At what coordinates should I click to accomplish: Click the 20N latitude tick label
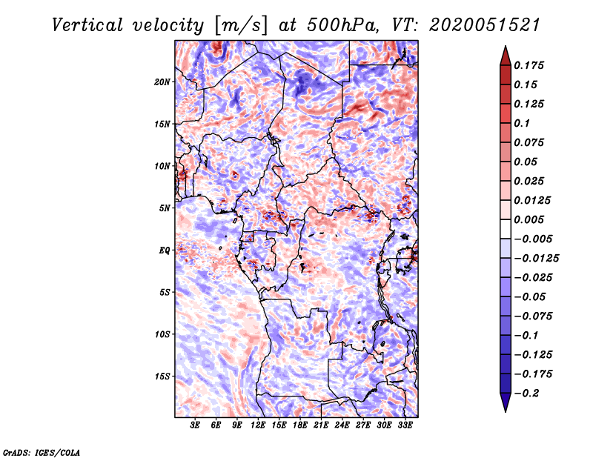162,82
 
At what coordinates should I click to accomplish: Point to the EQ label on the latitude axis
165,250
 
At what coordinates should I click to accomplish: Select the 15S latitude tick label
162,376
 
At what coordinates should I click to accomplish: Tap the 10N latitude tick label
162,166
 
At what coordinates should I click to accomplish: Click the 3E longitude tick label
195,425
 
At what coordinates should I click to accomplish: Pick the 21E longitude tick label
321,425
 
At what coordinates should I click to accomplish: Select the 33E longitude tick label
405,425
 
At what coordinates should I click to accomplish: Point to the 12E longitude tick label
258,425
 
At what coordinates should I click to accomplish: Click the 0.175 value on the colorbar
529,65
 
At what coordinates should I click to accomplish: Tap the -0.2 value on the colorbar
526,394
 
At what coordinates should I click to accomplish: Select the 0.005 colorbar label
529,219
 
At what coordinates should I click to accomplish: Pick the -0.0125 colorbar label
536,259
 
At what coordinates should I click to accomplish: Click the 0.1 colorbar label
522,123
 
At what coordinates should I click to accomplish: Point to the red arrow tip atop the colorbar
506,46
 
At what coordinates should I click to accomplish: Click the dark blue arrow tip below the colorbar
506,411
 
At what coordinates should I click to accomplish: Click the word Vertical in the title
87,26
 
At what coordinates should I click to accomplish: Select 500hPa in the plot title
342,26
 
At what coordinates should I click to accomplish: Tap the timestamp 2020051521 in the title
485,26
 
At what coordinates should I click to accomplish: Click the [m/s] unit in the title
241,26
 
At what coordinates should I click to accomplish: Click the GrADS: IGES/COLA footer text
42,453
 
